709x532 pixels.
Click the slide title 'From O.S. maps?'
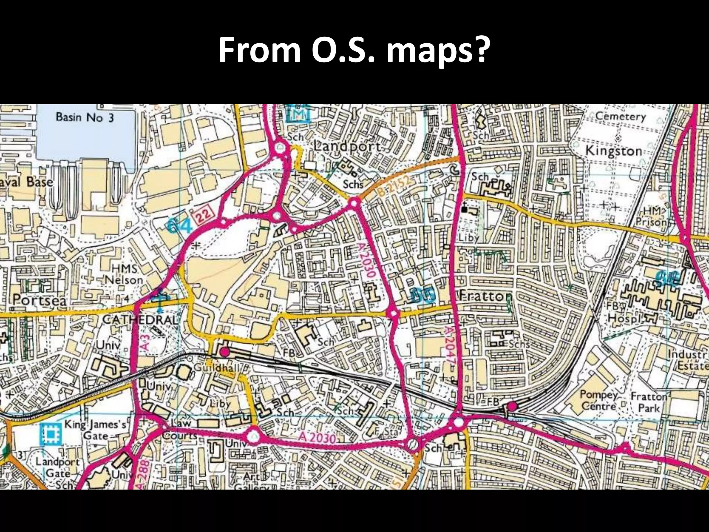click(x=354, y=51)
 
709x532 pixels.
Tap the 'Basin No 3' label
click(x=84, y=117)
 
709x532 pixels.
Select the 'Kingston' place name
click(x=613, y=151)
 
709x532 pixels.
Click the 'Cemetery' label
click(x=620, y=117)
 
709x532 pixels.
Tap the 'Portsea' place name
click(x=39, y=300)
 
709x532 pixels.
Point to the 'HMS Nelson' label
click(x=124, y=274)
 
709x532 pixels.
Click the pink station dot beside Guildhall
click(x=225, y=352)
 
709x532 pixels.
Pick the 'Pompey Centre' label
click(x=599, y=400)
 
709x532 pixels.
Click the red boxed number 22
click(x=204, y=219)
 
